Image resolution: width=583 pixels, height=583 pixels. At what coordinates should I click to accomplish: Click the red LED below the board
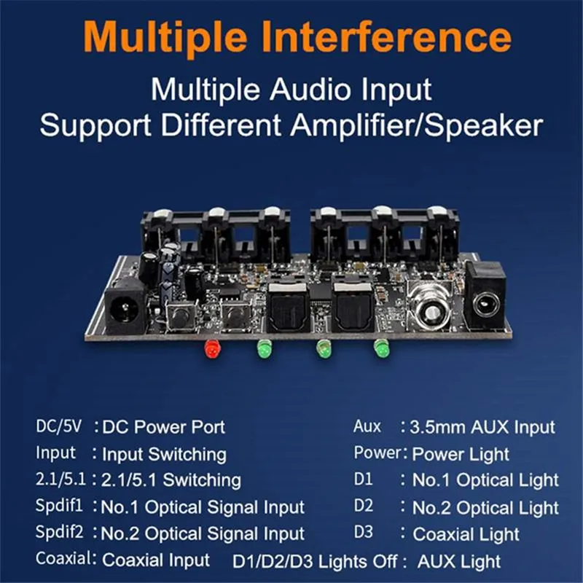pyautogui.click(x=213, y=349)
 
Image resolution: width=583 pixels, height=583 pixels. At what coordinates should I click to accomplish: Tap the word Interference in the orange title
pyautogui.click(x=386, y=37)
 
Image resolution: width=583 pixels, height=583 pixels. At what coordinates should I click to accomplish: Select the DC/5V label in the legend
pyautogui.click(x=59, y=426)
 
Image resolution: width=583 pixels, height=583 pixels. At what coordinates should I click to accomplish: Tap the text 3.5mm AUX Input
pyautogui.click(x=482, y=428)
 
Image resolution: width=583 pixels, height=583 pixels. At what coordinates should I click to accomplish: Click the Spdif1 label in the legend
pyautogui.click(x=59, y=506)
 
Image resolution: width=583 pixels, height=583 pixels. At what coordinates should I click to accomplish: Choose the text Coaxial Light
pyautogui.click(x=466, y=534)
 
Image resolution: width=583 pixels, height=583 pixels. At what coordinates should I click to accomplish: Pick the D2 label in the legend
pyautogui.click(x=363, y=506)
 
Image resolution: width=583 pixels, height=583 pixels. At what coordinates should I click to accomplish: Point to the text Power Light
pyautogui.click(x=461, y=454)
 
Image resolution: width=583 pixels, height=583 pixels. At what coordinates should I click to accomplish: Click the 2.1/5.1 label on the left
pyautogui.click(x=60, y=480)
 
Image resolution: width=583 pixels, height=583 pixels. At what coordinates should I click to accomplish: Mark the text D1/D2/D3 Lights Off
pyautogui.click(x=315, y=561)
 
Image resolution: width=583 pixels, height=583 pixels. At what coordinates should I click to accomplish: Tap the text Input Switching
pyautogui.click(x=164, y=454)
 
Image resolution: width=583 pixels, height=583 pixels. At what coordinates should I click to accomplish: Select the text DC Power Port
pyautogui.click(x=163, y=428)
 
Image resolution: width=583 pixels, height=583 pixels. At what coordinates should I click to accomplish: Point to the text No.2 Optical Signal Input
pyautogui.click(x=203, y=534)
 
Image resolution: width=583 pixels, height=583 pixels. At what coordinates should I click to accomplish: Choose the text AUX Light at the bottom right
pyautogui.click(x=459, y=561)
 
